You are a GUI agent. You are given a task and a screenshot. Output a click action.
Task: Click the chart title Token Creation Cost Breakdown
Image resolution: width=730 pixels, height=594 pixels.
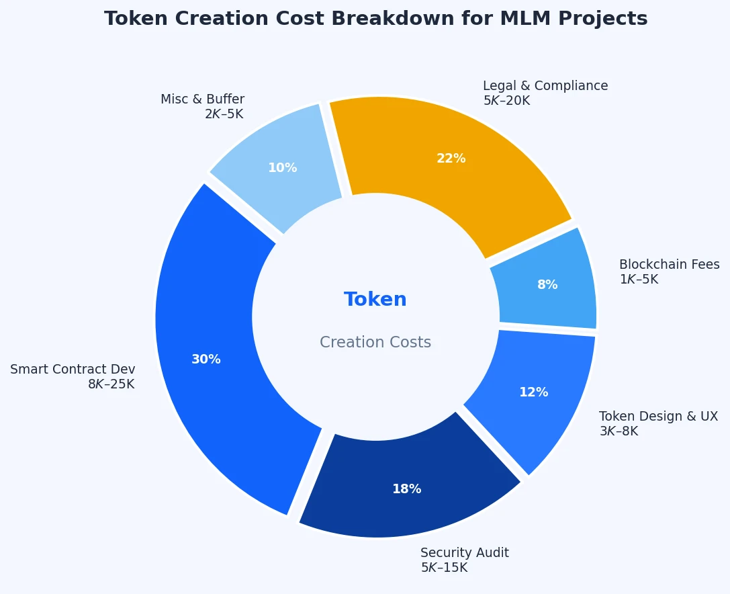tap(375, 19)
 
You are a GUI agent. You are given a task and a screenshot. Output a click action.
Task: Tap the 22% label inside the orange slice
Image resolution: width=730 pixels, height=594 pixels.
tap(451, 159)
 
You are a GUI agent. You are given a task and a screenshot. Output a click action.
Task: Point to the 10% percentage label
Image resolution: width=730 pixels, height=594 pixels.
tap(282, 168)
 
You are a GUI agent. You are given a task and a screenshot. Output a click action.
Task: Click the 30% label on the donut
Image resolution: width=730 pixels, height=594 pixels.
tap(206, 359)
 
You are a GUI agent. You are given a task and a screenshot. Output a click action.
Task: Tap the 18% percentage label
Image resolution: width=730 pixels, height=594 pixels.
tap(406, 489)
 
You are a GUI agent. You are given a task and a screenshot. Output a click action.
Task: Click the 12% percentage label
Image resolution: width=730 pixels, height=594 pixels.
tap(533, 392)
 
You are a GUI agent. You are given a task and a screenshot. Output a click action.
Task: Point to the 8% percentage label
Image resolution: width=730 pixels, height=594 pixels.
tap(547, 285)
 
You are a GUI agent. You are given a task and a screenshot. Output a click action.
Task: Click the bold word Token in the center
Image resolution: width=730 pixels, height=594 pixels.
tap(375, 300)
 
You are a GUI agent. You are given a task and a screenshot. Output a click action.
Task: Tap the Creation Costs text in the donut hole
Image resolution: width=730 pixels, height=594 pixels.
tap(375, 343)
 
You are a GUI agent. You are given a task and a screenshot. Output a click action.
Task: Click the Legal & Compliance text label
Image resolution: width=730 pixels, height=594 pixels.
tap(545, 86)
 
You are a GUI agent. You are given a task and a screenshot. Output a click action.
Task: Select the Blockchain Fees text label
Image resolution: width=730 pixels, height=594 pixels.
tap(669, 265)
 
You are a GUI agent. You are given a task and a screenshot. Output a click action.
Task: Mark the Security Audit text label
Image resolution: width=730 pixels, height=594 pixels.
tap(464, 553)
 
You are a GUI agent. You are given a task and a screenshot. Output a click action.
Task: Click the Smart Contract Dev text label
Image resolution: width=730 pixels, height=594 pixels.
tap(73, 370)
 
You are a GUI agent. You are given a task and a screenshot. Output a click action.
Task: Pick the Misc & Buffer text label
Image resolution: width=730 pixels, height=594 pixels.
tap(202, 99)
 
